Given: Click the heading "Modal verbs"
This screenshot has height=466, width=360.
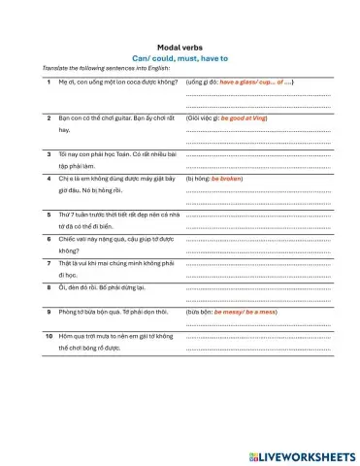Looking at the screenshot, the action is point(180,47).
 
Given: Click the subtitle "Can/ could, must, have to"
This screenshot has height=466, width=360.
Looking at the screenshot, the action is point(180,58).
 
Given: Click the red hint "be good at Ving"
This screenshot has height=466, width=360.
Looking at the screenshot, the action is point(244,117).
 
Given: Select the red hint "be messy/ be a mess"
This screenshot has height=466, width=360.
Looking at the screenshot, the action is point(245,313).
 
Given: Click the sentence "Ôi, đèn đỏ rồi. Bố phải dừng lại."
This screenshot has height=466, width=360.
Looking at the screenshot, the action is point(105,288).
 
